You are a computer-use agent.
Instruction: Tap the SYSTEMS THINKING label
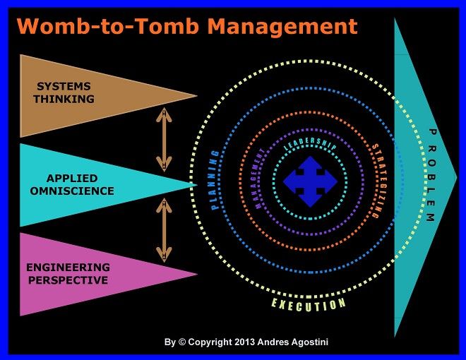(64, 93)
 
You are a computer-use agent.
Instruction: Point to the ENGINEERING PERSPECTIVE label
(68, 273)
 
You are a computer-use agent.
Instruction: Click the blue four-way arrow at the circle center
(309, 182)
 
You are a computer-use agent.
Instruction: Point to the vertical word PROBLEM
(430, 176)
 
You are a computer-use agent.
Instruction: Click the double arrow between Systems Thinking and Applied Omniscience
(164, 139)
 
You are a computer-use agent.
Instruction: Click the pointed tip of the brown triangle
(196, 95)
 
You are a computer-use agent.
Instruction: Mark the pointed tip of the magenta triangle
(196, 275)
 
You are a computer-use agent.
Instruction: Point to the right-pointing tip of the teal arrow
(456, 176)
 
